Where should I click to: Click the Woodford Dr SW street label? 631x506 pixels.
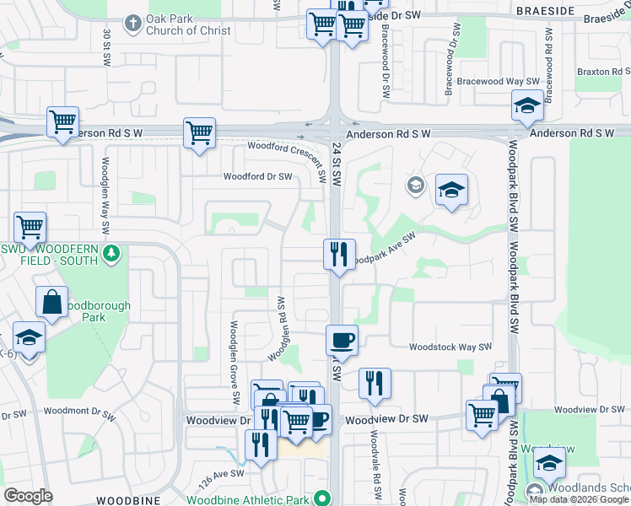click(x=257, y=176)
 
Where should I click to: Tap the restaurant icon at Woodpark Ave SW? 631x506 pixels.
click(x=339, y=254)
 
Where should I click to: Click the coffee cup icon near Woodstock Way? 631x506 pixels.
click(x=342, y=340)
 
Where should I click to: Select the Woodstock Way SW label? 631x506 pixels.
click(x=450, y=347)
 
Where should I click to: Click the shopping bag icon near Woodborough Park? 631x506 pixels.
click(x=52, y=304)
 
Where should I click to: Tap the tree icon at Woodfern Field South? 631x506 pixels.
click(x=110, y=253)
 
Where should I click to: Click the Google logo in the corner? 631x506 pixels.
click(x=28, y=496)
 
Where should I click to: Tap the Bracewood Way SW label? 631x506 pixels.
click(x=493, y=81)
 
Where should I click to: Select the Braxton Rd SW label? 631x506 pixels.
click(x=604, y=73)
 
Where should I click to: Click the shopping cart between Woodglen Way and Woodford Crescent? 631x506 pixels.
click(x=199, y=133)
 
